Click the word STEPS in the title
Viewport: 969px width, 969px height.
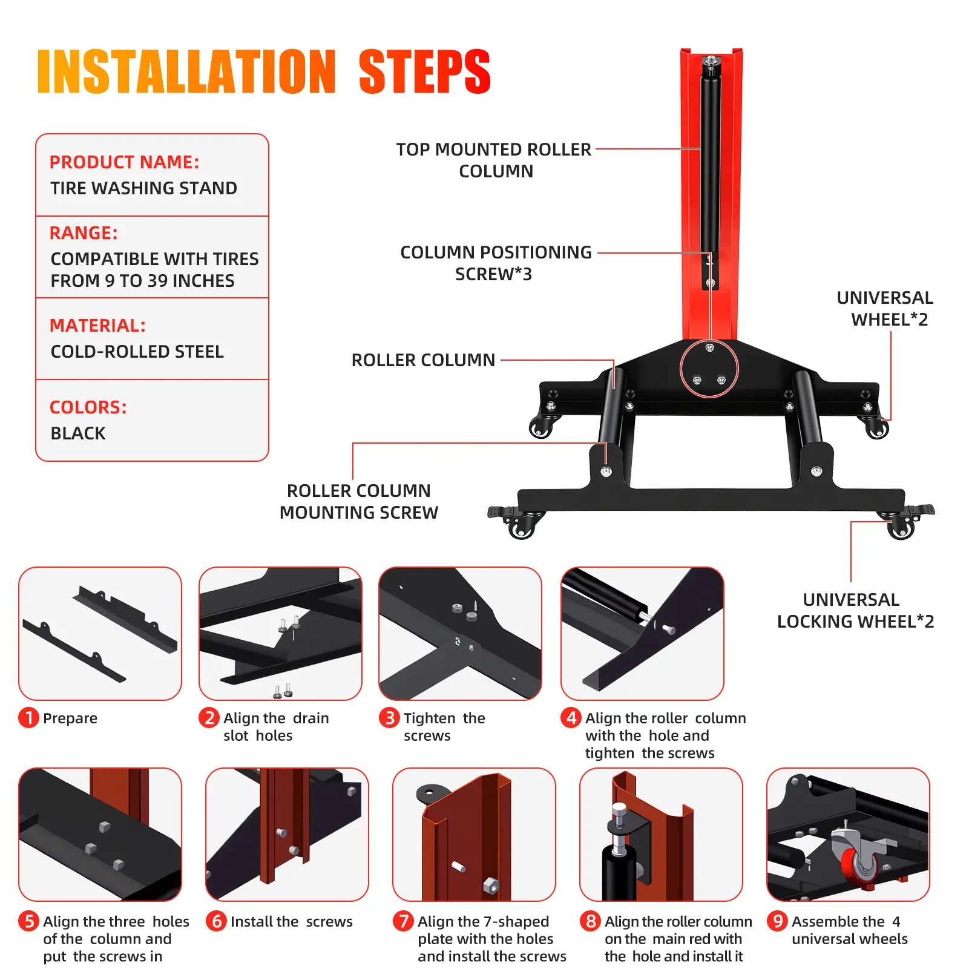[424, 72]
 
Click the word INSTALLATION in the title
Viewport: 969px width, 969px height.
[186, 72]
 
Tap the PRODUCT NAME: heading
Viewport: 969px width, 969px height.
[124, 162]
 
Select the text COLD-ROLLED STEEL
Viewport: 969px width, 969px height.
[137, 352]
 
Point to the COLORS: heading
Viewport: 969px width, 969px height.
[88, 407]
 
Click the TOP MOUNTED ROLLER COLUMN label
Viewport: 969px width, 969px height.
[494, 160]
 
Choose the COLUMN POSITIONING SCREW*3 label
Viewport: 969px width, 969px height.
[496, 263]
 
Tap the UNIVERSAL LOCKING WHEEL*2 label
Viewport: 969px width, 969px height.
[855, 611]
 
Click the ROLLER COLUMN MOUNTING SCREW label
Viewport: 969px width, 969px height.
[359, 502]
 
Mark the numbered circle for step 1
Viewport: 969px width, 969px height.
[28, 718]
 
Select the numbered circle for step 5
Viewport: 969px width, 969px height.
[28, 921]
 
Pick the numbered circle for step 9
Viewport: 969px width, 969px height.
[777, 921]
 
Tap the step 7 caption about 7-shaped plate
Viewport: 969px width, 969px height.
[492, 939]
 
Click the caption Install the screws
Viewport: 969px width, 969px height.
[291, 921]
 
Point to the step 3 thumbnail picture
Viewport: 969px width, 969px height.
[460, 634]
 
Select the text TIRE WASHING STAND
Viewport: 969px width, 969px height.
[143, 188]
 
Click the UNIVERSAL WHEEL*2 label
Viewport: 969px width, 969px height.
[885, 309]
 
